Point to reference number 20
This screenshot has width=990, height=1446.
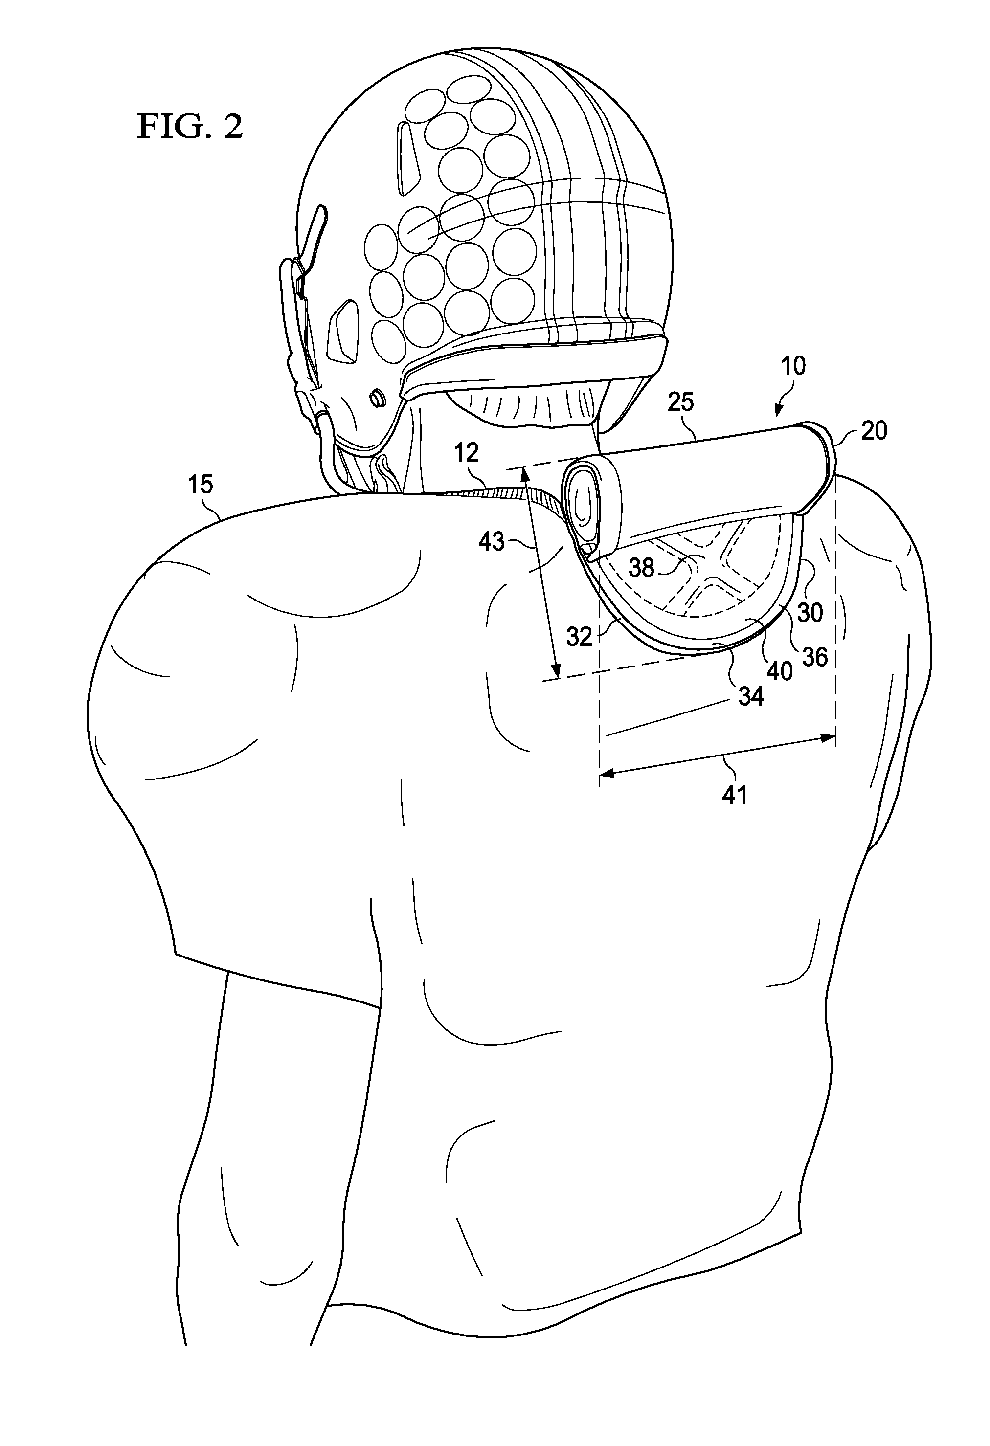(x=874, y=430)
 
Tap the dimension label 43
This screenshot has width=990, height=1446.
(x=491, y=541)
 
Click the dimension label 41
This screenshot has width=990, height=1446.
(x=734, y=795)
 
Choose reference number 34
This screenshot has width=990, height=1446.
(x=751, y=696)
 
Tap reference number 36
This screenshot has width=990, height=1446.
(x=814, y=656)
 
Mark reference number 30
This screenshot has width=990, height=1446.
(x=810, y=612)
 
